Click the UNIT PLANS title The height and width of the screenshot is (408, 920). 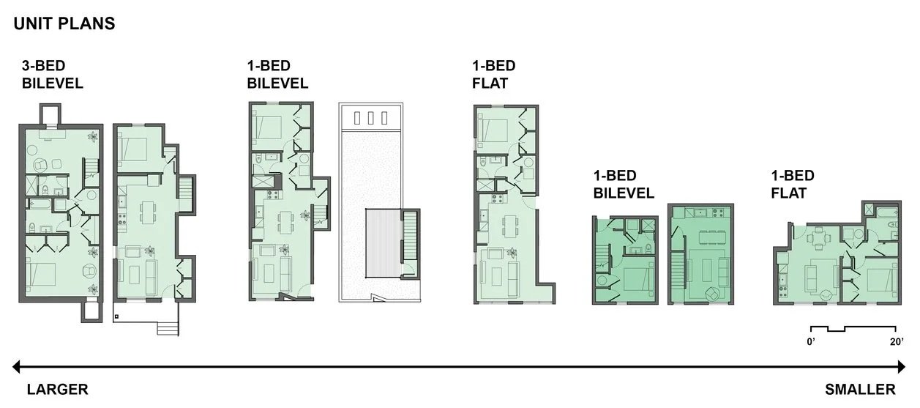(x=64, y=23)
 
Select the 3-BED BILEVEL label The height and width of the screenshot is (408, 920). (x=52, y=75)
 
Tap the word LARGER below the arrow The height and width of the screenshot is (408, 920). (x=58, y=389)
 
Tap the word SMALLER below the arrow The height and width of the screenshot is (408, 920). (x=860, y=389)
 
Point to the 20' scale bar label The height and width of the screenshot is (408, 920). (x=897, y=342)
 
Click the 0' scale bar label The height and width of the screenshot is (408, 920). (x=811, y=342)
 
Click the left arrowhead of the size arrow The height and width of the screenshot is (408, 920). (x=16, y=366)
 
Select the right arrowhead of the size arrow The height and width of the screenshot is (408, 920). (x=901, y=366)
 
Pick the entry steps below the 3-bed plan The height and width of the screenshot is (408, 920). (x=168, y=329)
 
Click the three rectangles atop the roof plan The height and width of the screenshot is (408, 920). (x=370, y=118)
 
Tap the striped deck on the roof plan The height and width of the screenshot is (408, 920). (x=384, y=243)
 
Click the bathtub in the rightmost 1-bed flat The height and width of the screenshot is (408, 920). (x=887, y=212)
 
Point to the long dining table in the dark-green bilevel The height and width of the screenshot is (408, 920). (x=713, y=237)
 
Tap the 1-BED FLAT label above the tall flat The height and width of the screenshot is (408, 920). (x=494, y=75)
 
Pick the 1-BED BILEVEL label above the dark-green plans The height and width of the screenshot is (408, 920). (x=624, y=184)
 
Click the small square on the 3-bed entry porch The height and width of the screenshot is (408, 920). (x=116, y=316)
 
